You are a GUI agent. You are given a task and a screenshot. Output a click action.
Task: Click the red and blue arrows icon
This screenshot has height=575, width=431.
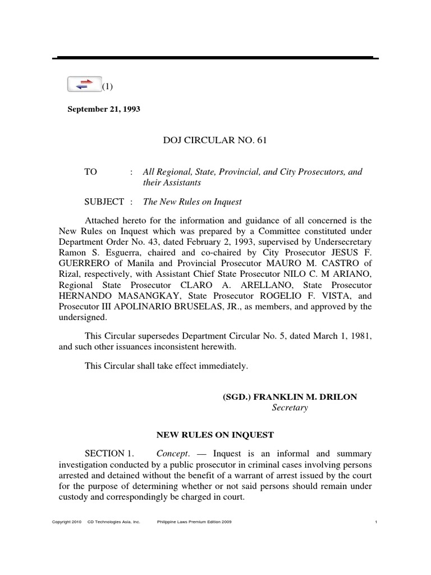coord(84,84)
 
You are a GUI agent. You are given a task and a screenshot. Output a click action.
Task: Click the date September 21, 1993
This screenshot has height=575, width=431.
coord(104,109)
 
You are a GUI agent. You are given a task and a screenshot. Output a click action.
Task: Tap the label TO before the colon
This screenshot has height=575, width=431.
coord(91,172)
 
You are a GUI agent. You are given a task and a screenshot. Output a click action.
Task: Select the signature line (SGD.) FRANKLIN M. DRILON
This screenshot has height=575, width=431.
coord(290,396)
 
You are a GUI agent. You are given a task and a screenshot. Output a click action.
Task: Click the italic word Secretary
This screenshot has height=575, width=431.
coord(290,408)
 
